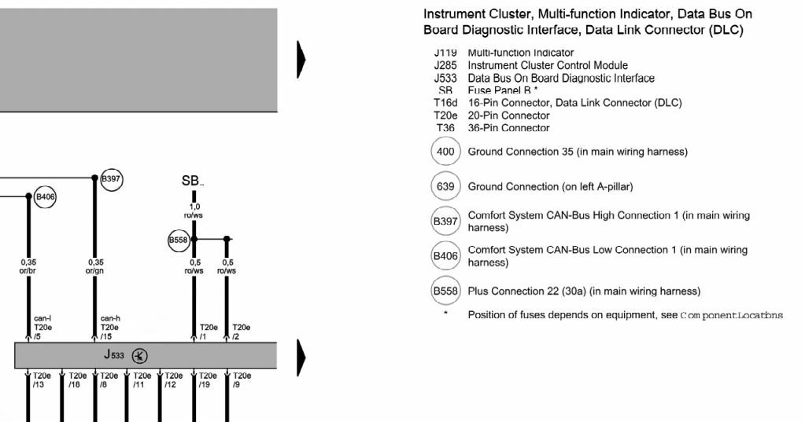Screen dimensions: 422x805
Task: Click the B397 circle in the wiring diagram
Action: [112, 178]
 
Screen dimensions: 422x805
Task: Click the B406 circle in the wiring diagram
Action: [46, 196]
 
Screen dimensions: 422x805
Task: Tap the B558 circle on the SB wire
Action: [179, 239]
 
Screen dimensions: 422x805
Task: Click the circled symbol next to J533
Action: [138, 355]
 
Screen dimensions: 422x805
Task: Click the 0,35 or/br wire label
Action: [29, 267]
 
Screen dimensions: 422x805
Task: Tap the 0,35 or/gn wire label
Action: [96, 267]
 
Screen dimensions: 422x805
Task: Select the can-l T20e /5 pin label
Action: [43, 327]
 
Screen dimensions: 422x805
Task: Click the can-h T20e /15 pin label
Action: [110, 327]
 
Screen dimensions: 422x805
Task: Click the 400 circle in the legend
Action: [445, 151]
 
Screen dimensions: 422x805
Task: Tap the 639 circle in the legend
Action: [445, 186]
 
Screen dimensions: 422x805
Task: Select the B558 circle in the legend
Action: [445, 291]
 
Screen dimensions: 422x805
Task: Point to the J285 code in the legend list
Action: [445, 65]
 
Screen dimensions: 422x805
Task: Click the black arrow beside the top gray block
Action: [301, 59]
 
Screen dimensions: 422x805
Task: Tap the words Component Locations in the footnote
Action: [731, 315]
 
